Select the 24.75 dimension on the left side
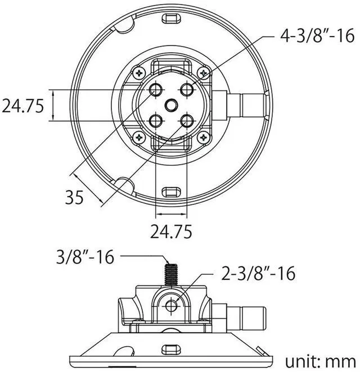(22, 106)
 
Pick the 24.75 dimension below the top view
(171, 231)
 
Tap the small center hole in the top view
(171, 105)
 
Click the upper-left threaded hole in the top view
(156, 89)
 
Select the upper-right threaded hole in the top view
(187, 89)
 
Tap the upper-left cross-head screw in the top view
(139, 72)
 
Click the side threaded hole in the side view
(172, 304)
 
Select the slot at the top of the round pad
(170, 18)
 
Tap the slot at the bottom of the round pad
(170, 191)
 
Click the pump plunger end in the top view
(250, 105)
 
